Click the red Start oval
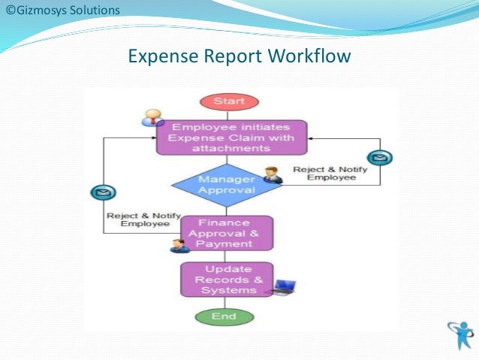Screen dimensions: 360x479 pyautogui.click(x=228, y=101)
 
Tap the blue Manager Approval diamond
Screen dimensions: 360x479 pyautogui.click(x=226, y=184)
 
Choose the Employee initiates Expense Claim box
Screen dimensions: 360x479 pyautogui.click(x=232, y=138)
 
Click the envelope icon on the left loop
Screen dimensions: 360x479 pyautogui.click(x=103, y=194)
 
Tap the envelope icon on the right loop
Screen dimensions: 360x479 pyautogui.click(x=383, y=158)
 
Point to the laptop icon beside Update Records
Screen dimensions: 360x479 pyautogui.click(x=285, y=287)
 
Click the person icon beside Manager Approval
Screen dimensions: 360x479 pyautogui.click(x=272, y=175)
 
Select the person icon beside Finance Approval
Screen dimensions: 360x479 pyautogui.click(x=179, y=245)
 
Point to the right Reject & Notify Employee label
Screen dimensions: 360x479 pyautogui.click(x=330, y=174)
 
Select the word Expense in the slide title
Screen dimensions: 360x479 pyautogui.click(x=160, y=56)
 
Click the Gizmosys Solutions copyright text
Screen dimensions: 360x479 pyautogui.click(x=60, y=11)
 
